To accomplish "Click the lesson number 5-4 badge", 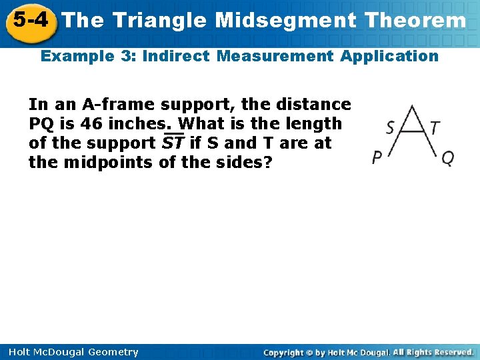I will click(30, 19).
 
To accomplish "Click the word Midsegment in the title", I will click(285, 21).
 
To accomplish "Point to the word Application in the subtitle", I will click(389, 56).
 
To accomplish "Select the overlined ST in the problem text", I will click(173, 143).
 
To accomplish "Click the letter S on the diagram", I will click(390, 127).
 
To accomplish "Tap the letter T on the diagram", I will click(435, 127).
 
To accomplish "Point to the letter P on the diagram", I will click(377, 158).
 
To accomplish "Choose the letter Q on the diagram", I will click(448, 158).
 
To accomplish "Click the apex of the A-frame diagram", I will click(412, 106).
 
